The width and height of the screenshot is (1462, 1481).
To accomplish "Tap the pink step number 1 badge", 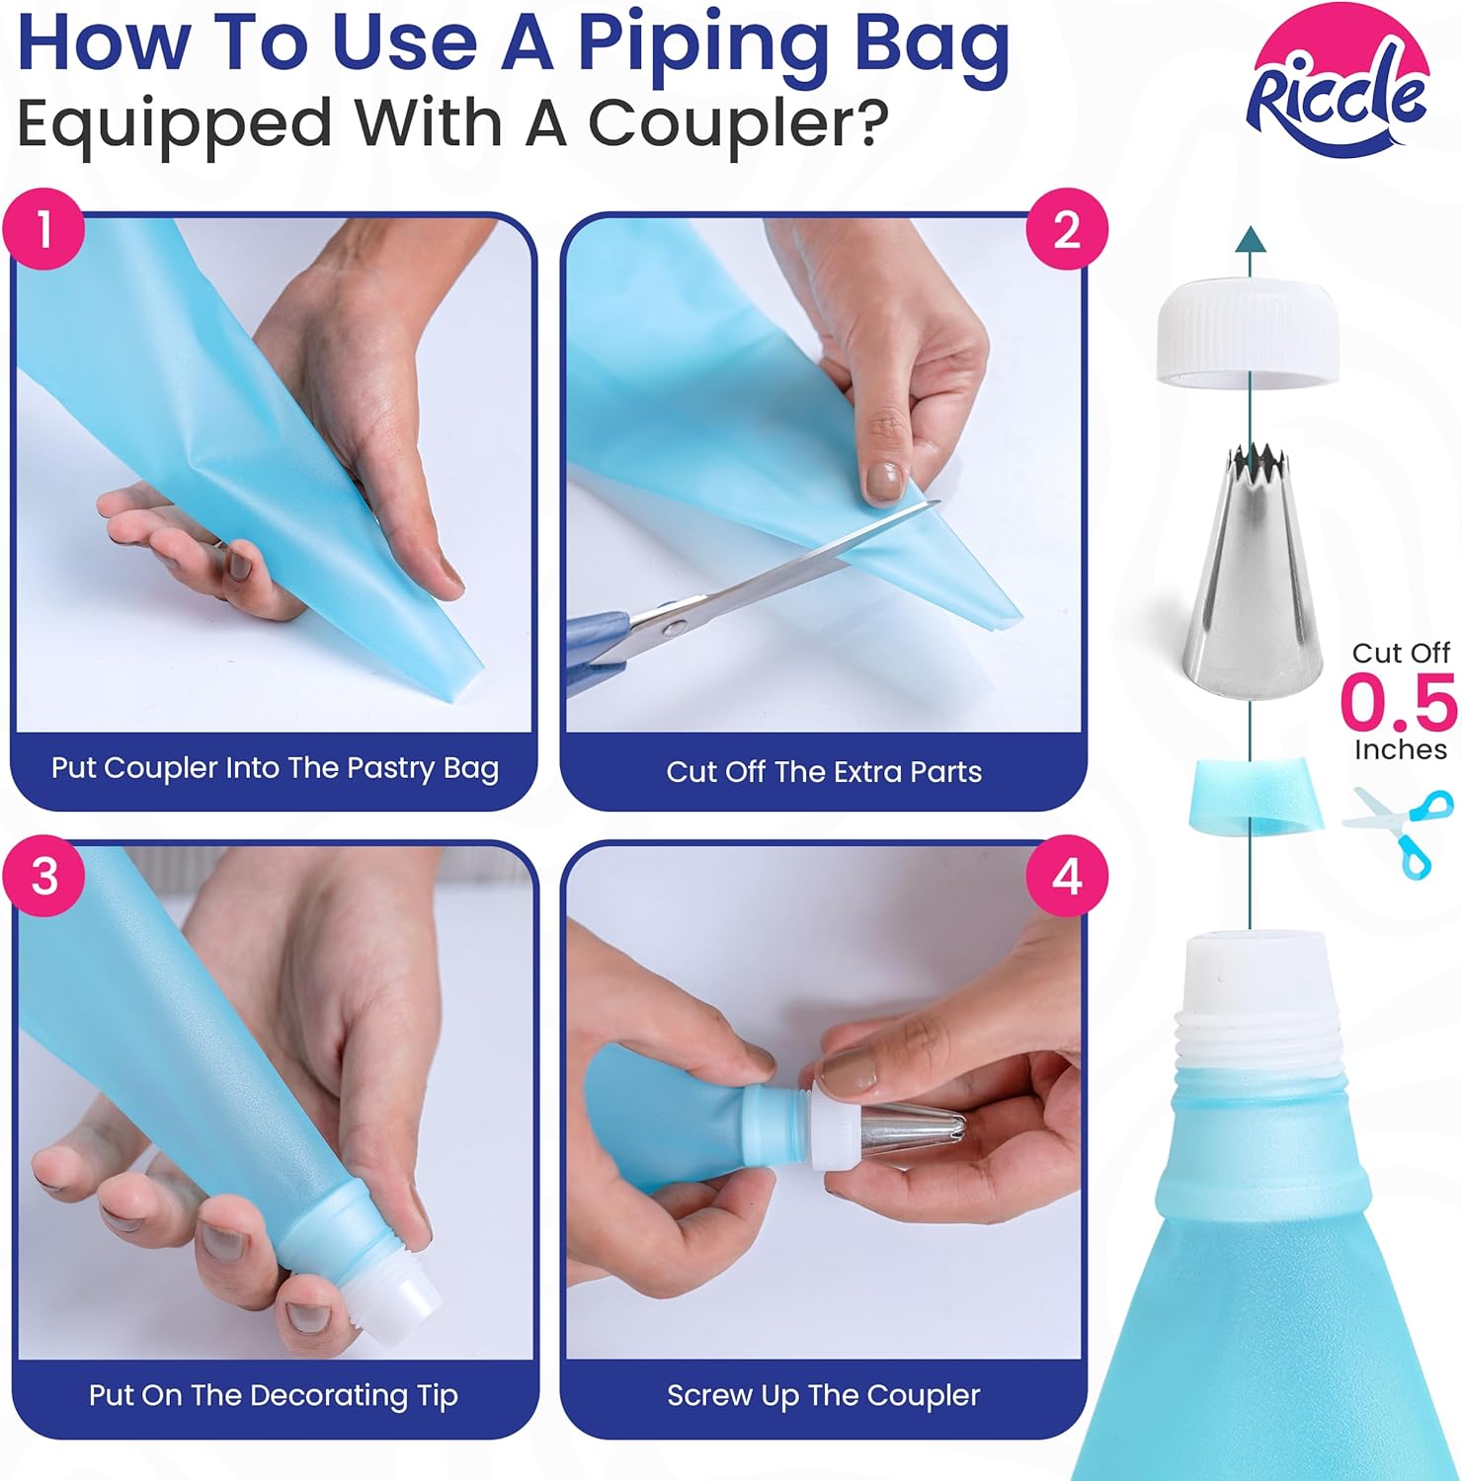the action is point(44,229).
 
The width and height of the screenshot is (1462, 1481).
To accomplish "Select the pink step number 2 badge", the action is point(1067,229).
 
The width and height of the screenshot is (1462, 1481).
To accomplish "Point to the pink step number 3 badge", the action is point(44,876).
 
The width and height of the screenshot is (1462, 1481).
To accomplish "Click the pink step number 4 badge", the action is point(1067,876).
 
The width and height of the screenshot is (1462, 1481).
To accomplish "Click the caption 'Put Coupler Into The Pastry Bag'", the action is point(275,769).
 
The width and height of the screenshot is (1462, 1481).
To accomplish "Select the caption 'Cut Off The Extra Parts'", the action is point(824,771).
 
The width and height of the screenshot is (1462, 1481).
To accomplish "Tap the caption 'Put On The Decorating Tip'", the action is point(274,1395).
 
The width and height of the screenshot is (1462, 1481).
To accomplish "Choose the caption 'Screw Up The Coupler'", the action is point(823,1395).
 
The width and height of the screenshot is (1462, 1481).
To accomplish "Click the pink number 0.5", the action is point(1399,701).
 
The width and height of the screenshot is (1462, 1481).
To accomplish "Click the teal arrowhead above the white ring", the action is point(1251,239).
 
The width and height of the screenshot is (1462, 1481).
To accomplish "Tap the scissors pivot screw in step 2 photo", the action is point(672,625).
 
